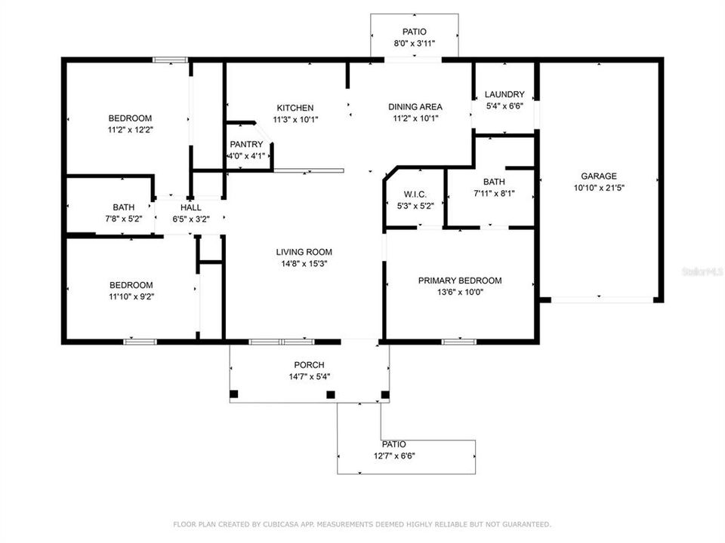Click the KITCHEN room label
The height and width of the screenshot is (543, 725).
click(x=295, y=108)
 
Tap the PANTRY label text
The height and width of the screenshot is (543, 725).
click(x=246, y=144)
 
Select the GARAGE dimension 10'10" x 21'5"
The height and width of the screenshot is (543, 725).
click(x=598, y=188)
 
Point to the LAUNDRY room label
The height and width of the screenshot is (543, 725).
click(x=504, y=95)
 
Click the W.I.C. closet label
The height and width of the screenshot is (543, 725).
click(x=415, y=195)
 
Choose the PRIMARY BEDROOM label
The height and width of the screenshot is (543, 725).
click(x=460, y=281)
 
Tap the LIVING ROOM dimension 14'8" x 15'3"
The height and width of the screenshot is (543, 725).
click(x=304, y=264)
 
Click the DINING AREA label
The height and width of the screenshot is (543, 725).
click(x=415, y=107)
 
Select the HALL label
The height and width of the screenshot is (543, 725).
click(x=190, y=207)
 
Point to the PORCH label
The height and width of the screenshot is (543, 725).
click(x=309, y=365)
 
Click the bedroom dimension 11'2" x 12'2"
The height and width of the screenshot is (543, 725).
click(x=130, y=130)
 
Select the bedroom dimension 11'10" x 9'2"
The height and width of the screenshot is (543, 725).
click(x=131, y=296)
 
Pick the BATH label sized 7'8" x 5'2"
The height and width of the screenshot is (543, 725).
click(x=124, y=207)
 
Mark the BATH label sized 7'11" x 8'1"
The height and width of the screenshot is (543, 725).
click(x=494, y=182)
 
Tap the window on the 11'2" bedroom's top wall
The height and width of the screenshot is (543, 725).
click(x=170, y=60)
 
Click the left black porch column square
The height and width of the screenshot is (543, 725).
click(x=233, y=394)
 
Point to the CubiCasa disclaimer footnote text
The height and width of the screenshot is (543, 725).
click(x=362, y=524)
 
